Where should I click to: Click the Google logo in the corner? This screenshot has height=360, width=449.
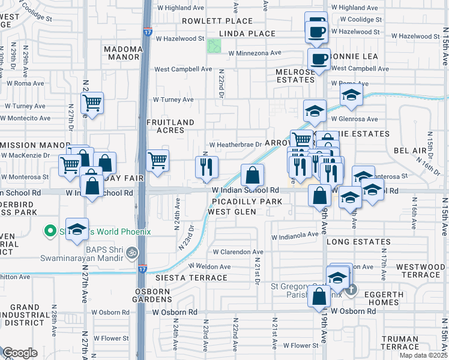(20, 353)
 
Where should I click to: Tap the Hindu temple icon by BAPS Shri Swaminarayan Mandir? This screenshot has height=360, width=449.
(132, 253)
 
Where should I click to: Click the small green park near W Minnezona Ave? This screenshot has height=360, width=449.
(213, 46)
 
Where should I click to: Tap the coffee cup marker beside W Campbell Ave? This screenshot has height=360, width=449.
(319, 59)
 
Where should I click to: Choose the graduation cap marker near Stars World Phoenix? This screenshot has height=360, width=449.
(76, 229)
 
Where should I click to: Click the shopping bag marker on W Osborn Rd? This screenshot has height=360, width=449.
(319, 296)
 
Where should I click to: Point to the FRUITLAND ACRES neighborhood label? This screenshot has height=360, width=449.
(170, 126)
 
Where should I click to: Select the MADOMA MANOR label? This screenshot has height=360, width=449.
(122, 53)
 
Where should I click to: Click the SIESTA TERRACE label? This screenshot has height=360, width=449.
(183, 278)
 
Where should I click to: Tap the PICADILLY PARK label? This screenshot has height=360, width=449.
(244, 202)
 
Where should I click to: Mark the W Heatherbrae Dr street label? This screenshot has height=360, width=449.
(235, 145)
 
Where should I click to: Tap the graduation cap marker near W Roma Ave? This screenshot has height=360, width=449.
(351, 94)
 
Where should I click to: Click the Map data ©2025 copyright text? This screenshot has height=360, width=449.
(423, 355)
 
